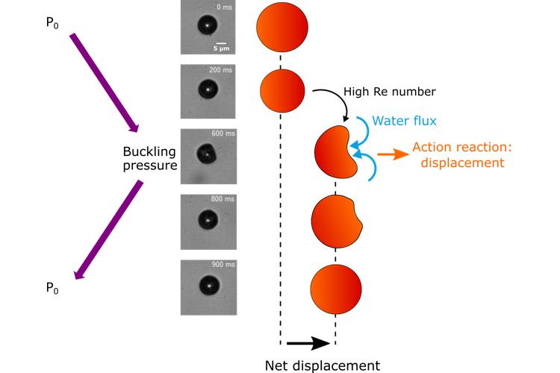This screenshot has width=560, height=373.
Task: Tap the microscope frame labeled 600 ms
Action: point(209,156)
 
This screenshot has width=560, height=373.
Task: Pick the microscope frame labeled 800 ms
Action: point(209,221)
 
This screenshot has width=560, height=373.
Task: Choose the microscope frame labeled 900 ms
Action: point(209,286)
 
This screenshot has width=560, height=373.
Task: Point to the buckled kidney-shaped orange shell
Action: point(338,154)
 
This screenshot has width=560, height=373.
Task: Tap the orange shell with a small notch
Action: point(336,221)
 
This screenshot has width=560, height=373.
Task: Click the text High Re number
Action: point(389,92)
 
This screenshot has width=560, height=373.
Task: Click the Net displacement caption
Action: point(323,365)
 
